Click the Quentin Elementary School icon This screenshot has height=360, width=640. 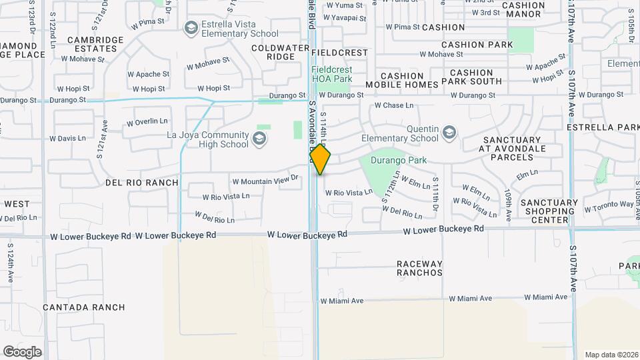(x=450, y=133)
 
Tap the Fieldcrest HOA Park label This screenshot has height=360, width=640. (x=332, y=74)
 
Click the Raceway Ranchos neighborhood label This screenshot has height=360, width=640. (x=420, y=268)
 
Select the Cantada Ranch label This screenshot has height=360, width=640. (x=83, y=307)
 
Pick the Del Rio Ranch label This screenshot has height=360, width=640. (x=142, y=182)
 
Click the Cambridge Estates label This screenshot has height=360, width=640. (x=95, y=44)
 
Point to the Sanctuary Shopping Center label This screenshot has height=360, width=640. (x=549, y=211)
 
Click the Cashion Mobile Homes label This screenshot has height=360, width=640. (x=401, y=80)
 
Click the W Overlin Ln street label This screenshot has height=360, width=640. (x=147, y=121)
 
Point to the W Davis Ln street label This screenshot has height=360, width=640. (x=71, y=139)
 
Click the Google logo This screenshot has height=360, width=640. (x=22, y=352)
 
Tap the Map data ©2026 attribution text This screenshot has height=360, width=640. (x=611, y=355)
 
